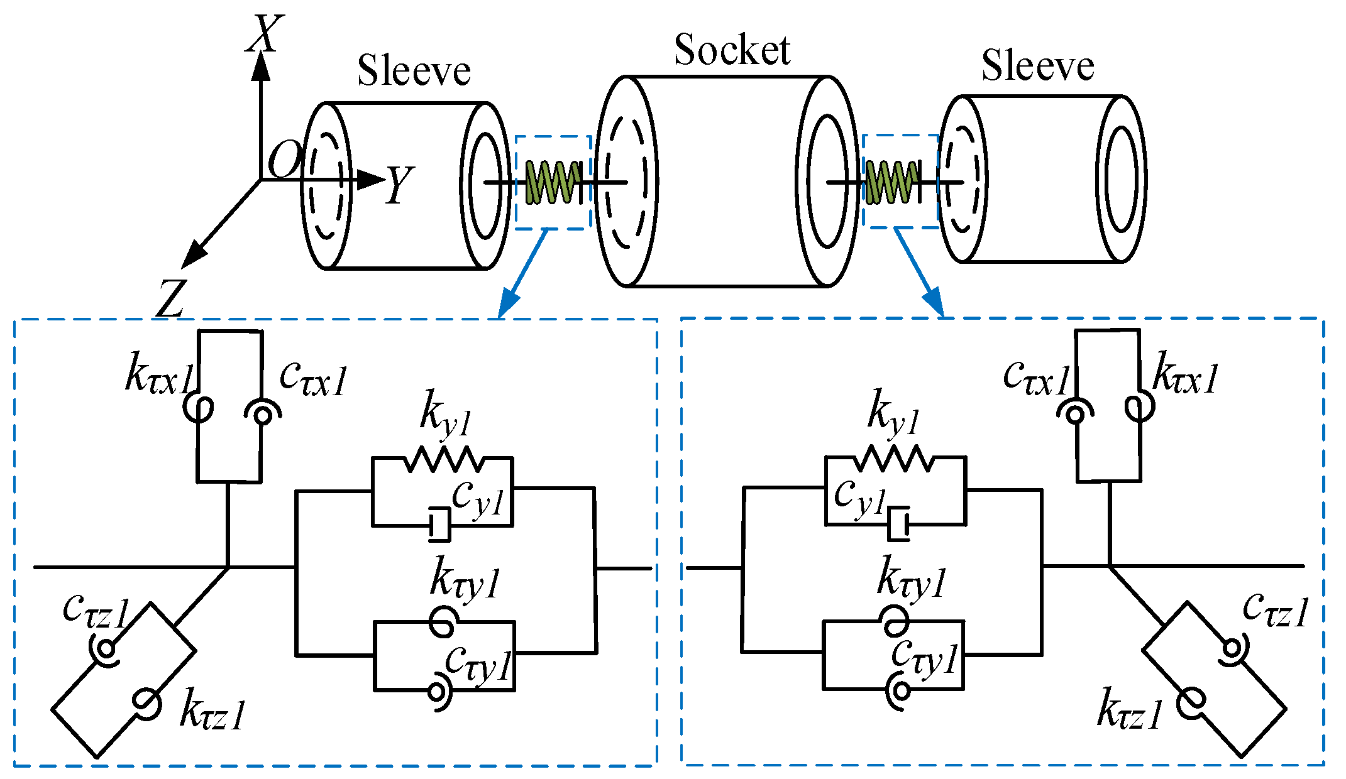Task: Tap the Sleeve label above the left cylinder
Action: coord(414,70)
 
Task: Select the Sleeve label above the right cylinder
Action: coord(1037,65)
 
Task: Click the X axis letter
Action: coord(264,34)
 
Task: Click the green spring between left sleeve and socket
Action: coord(553,182)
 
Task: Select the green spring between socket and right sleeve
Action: coord(890,182)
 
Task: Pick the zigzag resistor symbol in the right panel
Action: coord(893,459)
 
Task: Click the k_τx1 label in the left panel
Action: coord(158,374)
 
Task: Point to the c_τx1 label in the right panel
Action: coord(1036,377)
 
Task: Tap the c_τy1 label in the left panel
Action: coord(478,663)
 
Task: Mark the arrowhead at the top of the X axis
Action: coord(261,67)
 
